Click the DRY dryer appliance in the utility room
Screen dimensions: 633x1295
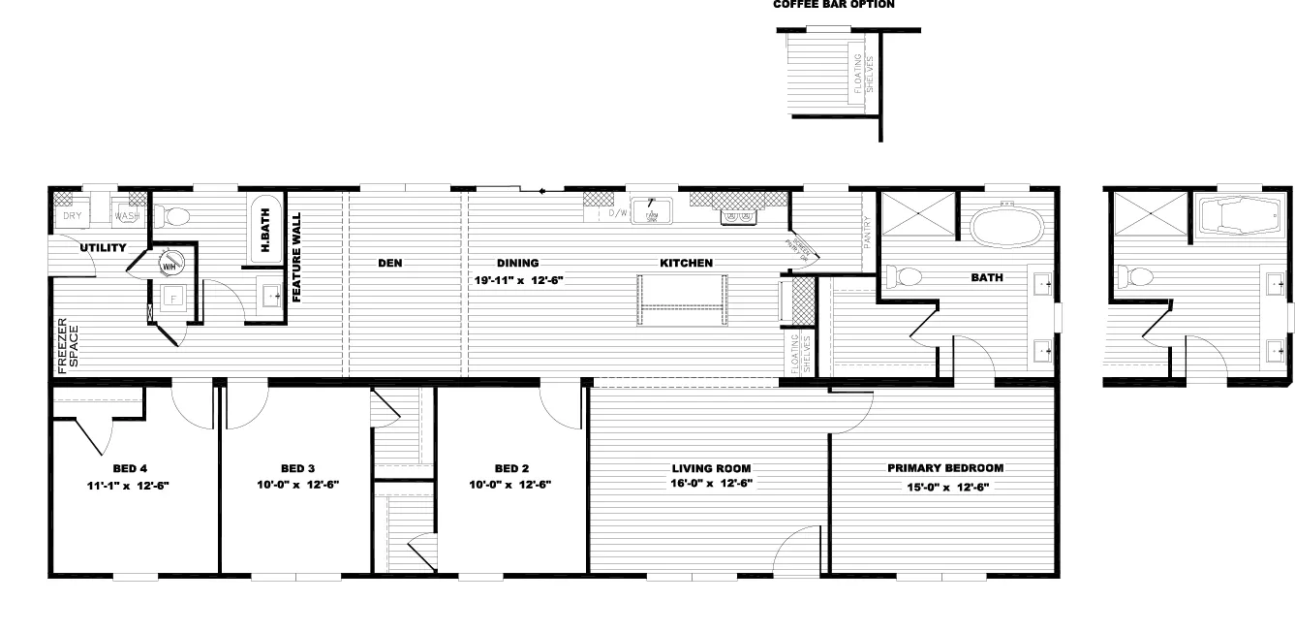click(x=73, y=215)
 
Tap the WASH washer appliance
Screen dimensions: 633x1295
click(x=127, y=215)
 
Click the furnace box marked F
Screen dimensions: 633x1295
click(x=174, y=298)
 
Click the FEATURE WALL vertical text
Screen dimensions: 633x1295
click(x=297, y=258)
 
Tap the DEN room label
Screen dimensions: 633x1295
click(x=389, y=263)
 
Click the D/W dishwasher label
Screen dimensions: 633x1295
click(x=619, y=213)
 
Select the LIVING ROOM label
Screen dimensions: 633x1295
click(x=711, y=467)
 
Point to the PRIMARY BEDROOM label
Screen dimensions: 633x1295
click(x=945, y=467)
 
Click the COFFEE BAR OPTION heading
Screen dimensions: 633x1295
click(x=833, y=5)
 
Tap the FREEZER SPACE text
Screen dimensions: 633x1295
click(x=66, y=344)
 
